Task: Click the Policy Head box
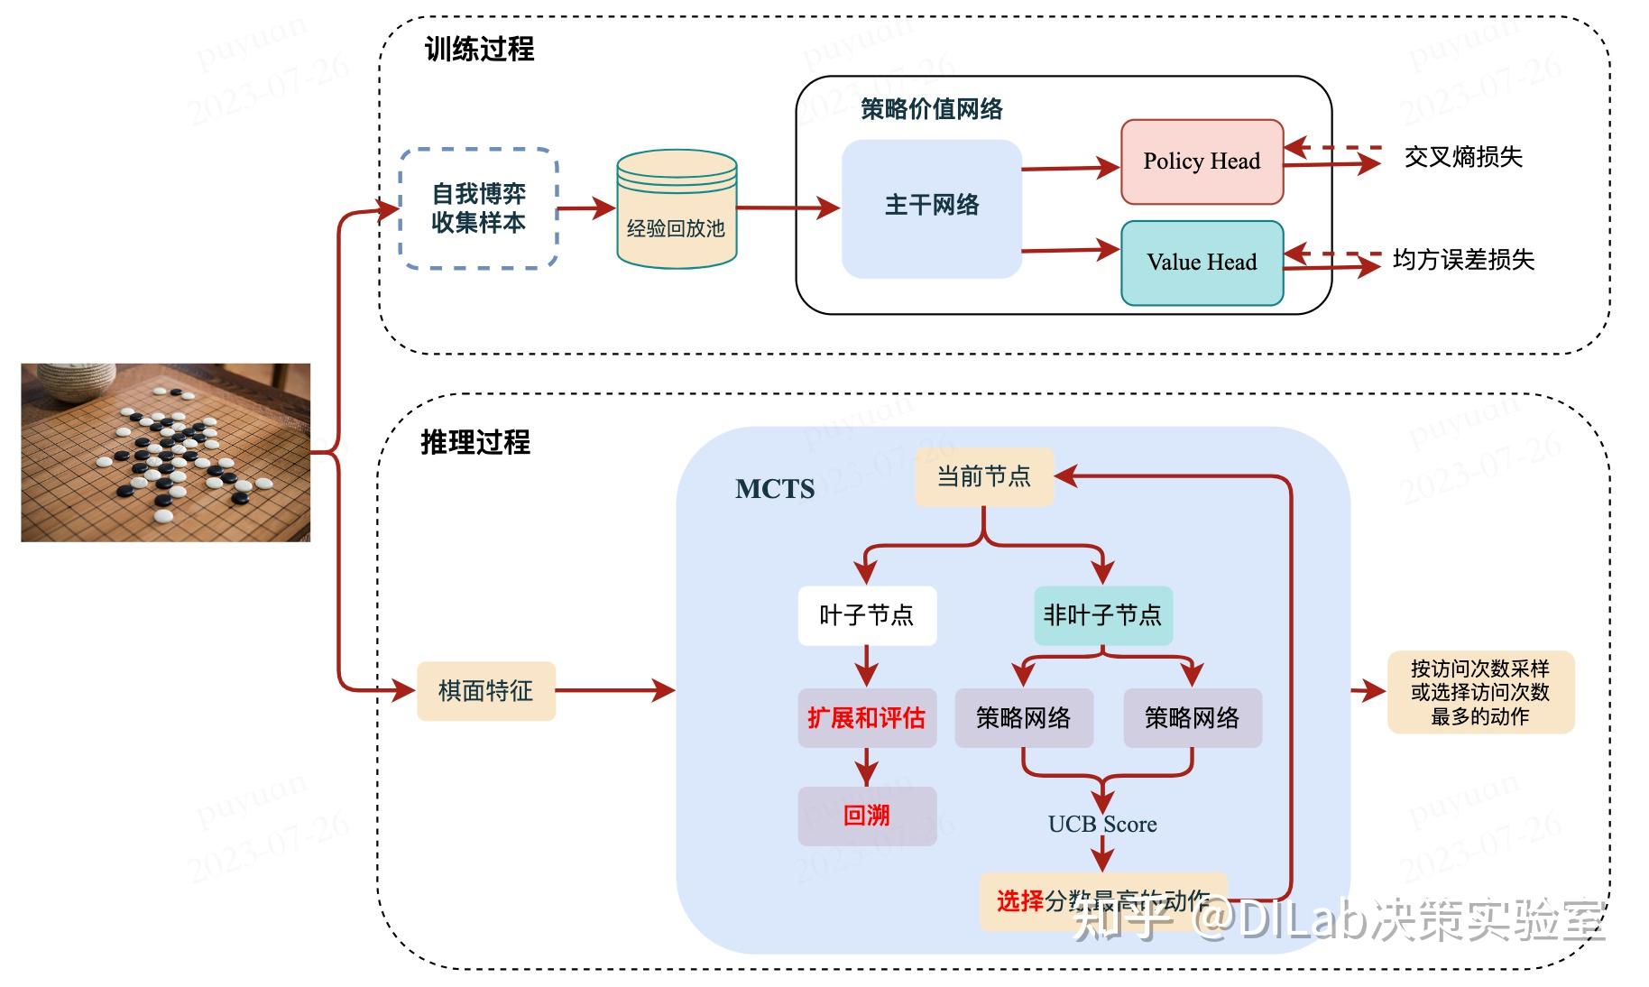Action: [1202, 161]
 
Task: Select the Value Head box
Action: [1202, 263]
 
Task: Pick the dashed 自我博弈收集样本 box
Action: [478, 208]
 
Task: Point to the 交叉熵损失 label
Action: [1462, 157]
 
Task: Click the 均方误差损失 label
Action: [1462, 260]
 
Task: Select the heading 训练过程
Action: [479, 49]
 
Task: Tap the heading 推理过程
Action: [475, 442]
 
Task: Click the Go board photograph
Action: [166, 452]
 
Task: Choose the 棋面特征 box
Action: [485, 691]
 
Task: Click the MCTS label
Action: [774, 489]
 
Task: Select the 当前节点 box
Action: [983, 476]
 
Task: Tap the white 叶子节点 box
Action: [866, 616]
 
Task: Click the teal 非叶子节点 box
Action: [1102, 616]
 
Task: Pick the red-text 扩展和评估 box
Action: [866, 718]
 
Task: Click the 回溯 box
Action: [866, 816]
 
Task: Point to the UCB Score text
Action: [1101, 824]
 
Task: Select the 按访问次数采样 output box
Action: [1479, 692]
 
